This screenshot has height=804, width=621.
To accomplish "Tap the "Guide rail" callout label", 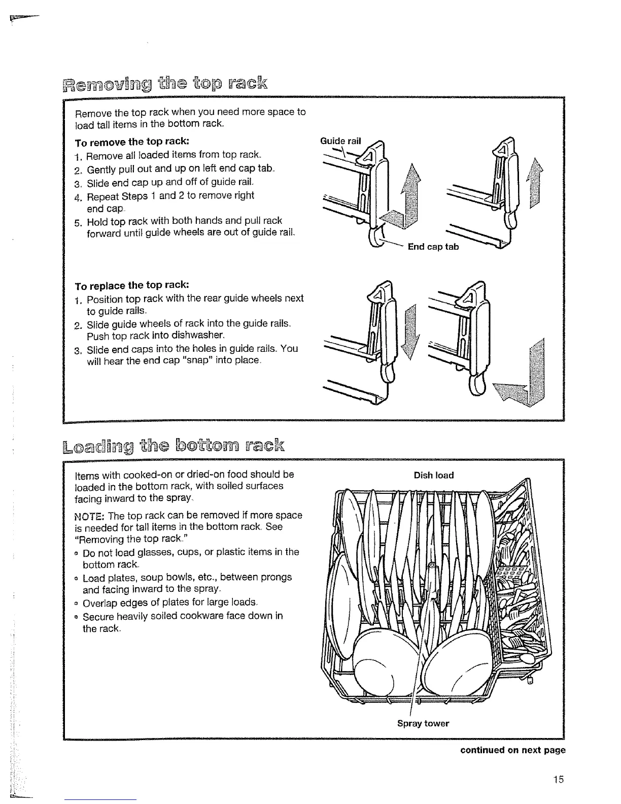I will pos(340,141).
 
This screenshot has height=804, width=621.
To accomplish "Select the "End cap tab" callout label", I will pos(433,247).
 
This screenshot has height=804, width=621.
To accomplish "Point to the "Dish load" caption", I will pos(433,476).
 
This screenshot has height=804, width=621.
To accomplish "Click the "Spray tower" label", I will pos(423,724).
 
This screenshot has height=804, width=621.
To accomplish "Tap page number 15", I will pos(559,780).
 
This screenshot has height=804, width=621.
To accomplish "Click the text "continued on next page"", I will pos(512,751).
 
